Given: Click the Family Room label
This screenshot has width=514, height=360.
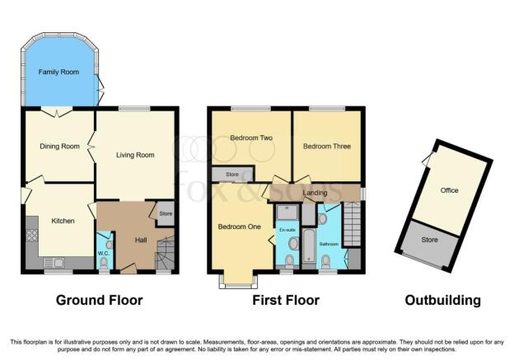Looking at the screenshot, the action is (x=58, y=72).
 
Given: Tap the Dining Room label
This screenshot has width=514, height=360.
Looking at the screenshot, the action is (x=59, y=147).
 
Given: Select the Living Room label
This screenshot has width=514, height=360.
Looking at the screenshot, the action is (x=135, y=155).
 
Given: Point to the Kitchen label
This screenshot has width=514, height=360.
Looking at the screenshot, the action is (x=63, y=221).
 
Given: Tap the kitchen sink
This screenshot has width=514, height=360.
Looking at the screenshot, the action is (x=54, y=263).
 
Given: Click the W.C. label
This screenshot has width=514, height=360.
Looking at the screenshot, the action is (x=103, y=254).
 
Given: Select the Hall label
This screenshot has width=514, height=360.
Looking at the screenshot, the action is (x=141, y=240).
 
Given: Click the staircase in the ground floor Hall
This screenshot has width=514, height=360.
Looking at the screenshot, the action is (x=165, y=254).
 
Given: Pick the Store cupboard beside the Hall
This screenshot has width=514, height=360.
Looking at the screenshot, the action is (x=166, y=213).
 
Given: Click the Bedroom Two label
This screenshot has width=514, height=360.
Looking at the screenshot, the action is (x=251, y=138).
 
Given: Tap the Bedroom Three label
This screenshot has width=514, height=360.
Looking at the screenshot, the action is (x=327, y=147).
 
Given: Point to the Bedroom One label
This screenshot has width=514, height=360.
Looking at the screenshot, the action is (x=240, y=227).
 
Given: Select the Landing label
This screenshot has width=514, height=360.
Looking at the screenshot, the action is (x=315, y=193).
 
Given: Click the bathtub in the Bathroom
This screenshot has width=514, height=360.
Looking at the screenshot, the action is (x=308, y=246).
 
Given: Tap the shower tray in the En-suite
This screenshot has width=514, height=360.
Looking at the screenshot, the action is (x=287, y=213).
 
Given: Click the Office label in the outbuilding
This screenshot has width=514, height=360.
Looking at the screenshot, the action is (x=449, y=190).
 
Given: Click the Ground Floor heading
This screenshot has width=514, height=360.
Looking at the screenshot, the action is (x=100, y=300).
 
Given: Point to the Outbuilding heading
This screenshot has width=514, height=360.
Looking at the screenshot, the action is (x=443, y=300).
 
